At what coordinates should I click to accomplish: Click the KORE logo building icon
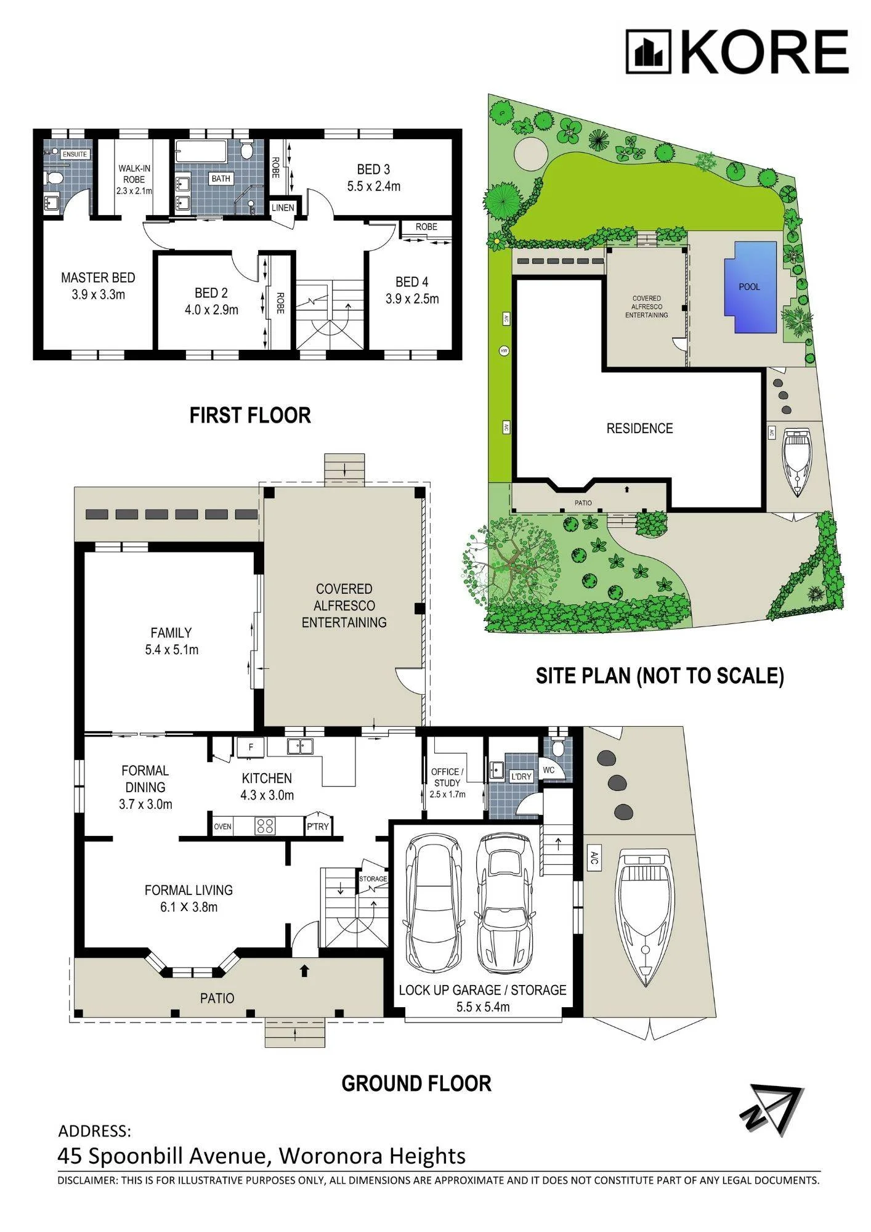648,52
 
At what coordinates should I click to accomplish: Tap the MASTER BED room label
98,278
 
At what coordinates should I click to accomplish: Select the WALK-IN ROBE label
134,174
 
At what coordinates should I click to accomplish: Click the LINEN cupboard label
283,208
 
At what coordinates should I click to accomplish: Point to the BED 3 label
373,169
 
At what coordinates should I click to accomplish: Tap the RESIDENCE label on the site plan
639,429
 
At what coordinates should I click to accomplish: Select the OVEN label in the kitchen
223,826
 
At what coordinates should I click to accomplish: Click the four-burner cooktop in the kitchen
265,825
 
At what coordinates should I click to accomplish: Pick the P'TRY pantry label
318,827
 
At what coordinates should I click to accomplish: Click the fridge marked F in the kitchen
251,747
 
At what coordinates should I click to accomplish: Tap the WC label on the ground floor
549,770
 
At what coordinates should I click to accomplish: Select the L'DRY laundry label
521,777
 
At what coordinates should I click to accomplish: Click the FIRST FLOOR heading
250,416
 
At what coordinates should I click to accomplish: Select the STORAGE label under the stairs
373,879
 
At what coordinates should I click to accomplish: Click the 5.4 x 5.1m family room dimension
172,649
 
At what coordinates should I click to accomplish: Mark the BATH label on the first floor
221,179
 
